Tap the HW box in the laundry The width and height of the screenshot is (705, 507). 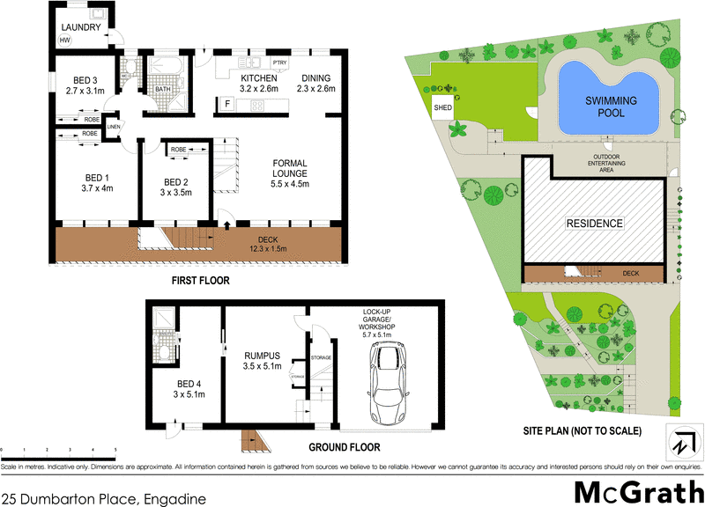click(x=65, y=40)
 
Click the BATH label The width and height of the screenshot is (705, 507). click(x=162, y=88)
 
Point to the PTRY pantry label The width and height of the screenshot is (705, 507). click(x=279, y=63)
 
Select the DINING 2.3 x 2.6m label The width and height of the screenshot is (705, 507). click(x=317, y=83)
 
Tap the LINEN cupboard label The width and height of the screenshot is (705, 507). click(x=113, y=129)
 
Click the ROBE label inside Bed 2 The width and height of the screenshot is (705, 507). click(x=176, y=150)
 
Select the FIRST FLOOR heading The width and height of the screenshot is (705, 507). click(x=201, y=281)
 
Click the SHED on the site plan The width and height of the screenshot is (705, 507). click(x=442, y=107)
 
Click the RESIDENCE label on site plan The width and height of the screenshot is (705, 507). click(x=593, y=224)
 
